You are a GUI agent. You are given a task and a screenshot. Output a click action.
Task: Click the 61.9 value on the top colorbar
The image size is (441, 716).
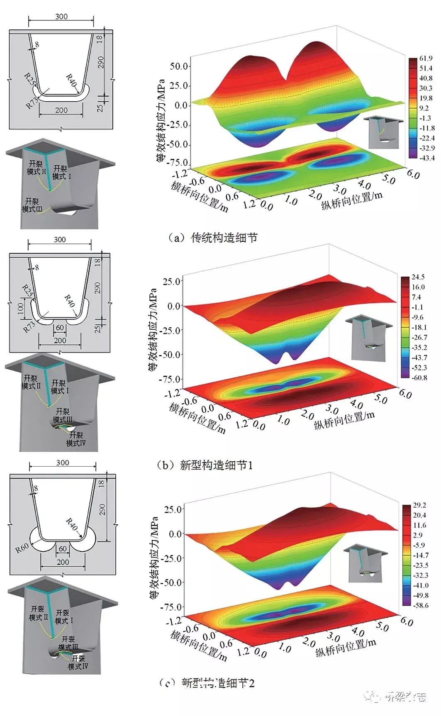pos(426,58)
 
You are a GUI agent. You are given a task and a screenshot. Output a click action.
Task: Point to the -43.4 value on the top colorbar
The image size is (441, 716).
pos(426,158)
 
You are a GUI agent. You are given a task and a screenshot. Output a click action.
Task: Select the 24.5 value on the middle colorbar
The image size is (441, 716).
pos(418,277)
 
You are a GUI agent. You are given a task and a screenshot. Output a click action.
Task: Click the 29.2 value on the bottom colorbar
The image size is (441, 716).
pos(419,505)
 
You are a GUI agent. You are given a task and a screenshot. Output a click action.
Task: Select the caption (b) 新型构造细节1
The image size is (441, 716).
pos(205,465)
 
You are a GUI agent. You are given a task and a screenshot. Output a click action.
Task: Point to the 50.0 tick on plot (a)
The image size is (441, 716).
pos(179,66)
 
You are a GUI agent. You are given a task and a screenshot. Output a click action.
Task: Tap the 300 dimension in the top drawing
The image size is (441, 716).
pos(61,17)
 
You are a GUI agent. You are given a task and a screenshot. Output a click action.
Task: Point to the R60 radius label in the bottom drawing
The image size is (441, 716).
pos(22,548)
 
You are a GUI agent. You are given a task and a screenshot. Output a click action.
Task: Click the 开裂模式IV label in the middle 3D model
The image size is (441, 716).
pos(76,439)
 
